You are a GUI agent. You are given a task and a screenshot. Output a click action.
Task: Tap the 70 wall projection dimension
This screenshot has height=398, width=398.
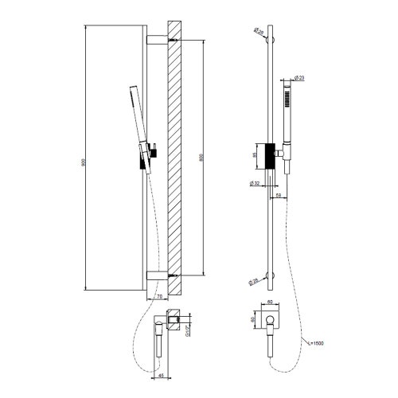[x=159, y=296]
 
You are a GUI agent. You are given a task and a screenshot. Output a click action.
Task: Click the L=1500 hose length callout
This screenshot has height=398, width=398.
[x=317, y=343]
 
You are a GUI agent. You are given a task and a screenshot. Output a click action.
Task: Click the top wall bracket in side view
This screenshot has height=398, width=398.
[x=157, y=38]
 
